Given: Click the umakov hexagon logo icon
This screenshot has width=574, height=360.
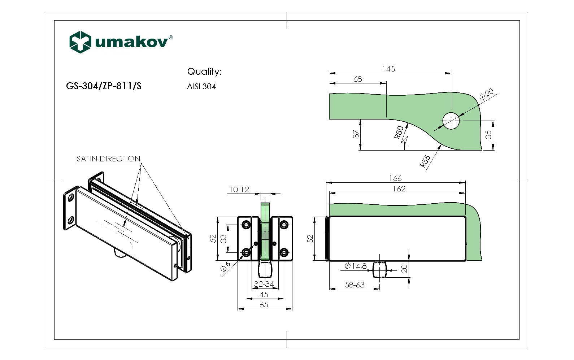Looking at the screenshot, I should click(x=80, y=42).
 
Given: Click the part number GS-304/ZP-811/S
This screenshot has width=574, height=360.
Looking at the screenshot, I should click(x=104, y=86).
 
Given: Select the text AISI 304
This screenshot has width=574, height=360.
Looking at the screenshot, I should click(x=201, y=87).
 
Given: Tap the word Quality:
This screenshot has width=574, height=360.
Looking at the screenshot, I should click(x=204, y=71).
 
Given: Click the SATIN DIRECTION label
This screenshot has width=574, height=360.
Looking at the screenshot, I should click(x=108, y=159).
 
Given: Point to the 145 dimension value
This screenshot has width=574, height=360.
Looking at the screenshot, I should click(x=388, y=69).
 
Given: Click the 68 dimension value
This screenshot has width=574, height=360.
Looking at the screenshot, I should click(x=357, y=79).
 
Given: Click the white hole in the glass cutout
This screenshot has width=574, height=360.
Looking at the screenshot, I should click(x=451, y=121).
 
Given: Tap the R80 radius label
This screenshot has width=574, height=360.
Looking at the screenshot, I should click(x=399, y=132).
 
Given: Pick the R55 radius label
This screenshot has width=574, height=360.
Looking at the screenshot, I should click(x=425, y=161).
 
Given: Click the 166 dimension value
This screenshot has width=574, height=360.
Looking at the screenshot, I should click(x=395, y=178).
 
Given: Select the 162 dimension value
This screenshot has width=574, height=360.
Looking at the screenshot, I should click(x=399, y=188).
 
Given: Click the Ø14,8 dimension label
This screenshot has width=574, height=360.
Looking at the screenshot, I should click(x=355, y=266).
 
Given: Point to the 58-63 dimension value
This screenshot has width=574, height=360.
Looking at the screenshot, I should click(x=355, y=285).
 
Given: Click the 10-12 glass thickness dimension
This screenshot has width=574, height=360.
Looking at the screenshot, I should click(x=239, y=190).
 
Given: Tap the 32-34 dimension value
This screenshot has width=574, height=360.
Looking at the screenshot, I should click(x=264, y=284).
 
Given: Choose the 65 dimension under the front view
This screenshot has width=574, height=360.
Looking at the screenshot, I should click(x=264, y=305).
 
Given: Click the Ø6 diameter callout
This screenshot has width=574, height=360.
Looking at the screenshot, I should click(x=225, y=267).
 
